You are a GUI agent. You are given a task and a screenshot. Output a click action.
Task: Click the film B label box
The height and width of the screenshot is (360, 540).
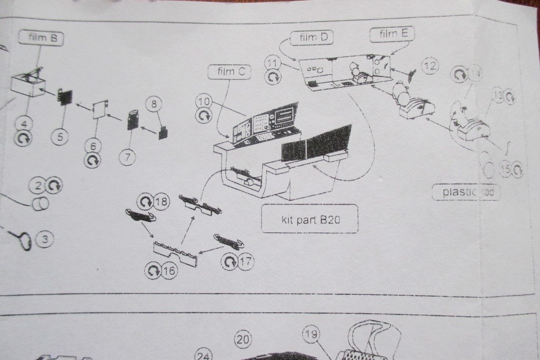tap(41, 38)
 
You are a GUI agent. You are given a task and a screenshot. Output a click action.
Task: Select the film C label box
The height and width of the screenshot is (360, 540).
tap(229, 72)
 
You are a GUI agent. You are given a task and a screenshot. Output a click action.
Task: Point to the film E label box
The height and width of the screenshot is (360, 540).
tap(392, 34)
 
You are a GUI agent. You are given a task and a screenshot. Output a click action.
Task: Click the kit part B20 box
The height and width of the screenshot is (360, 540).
tap(310, 218)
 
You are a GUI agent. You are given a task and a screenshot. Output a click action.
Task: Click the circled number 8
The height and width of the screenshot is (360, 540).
tap(153, 104)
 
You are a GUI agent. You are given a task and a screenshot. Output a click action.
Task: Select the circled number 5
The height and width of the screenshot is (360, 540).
tap(60, 137)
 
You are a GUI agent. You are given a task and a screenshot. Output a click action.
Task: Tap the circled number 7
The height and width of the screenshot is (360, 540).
tap(128, 157)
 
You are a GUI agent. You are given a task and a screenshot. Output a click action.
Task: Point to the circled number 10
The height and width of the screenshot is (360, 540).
tap(204, 101)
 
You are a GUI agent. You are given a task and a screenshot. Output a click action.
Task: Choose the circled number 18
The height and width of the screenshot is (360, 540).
tap(161, 202)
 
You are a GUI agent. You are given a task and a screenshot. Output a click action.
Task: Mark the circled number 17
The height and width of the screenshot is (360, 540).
tap(245, 261)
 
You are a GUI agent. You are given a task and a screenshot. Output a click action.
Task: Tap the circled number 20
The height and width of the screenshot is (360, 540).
tap(243, 339)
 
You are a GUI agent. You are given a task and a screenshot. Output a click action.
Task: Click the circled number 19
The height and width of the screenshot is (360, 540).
tap(311, 334)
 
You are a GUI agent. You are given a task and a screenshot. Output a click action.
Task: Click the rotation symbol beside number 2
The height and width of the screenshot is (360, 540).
tap(54, 185)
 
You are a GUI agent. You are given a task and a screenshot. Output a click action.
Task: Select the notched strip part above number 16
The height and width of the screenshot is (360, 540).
tap(176, 254)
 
